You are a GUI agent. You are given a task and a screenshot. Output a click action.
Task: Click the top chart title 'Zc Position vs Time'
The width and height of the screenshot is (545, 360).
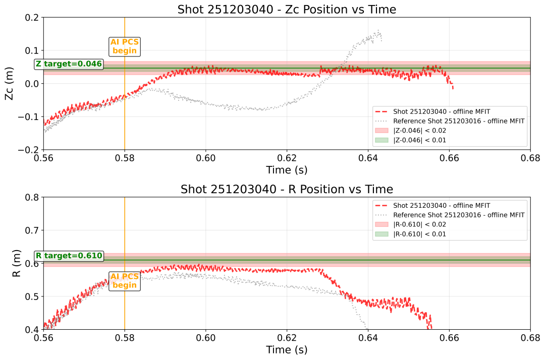tap(287, 9)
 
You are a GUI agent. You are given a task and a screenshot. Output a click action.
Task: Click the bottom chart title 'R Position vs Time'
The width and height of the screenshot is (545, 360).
tap(287, 189)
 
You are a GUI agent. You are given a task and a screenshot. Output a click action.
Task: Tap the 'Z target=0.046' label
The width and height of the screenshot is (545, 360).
tap(69, 64)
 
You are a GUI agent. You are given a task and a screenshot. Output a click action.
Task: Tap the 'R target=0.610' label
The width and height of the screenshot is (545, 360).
tap(69, 256)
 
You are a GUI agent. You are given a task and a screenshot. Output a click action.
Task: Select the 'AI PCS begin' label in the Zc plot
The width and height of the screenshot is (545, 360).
tap(125, 46)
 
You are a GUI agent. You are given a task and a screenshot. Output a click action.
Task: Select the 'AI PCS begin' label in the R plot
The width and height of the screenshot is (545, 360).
tap(125, 281)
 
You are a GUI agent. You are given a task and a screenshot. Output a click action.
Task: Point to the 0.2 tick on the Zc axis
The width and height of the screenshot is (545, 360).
tap(33, 17)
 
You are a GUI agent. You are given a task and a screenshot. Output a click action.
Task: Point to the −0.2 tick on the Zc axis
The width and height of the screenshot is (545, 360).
tap(31, 150)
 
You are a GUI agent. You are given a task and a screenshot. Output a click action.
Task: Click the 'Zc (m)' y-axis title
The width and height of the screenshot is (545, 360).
tap(9, 83)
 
